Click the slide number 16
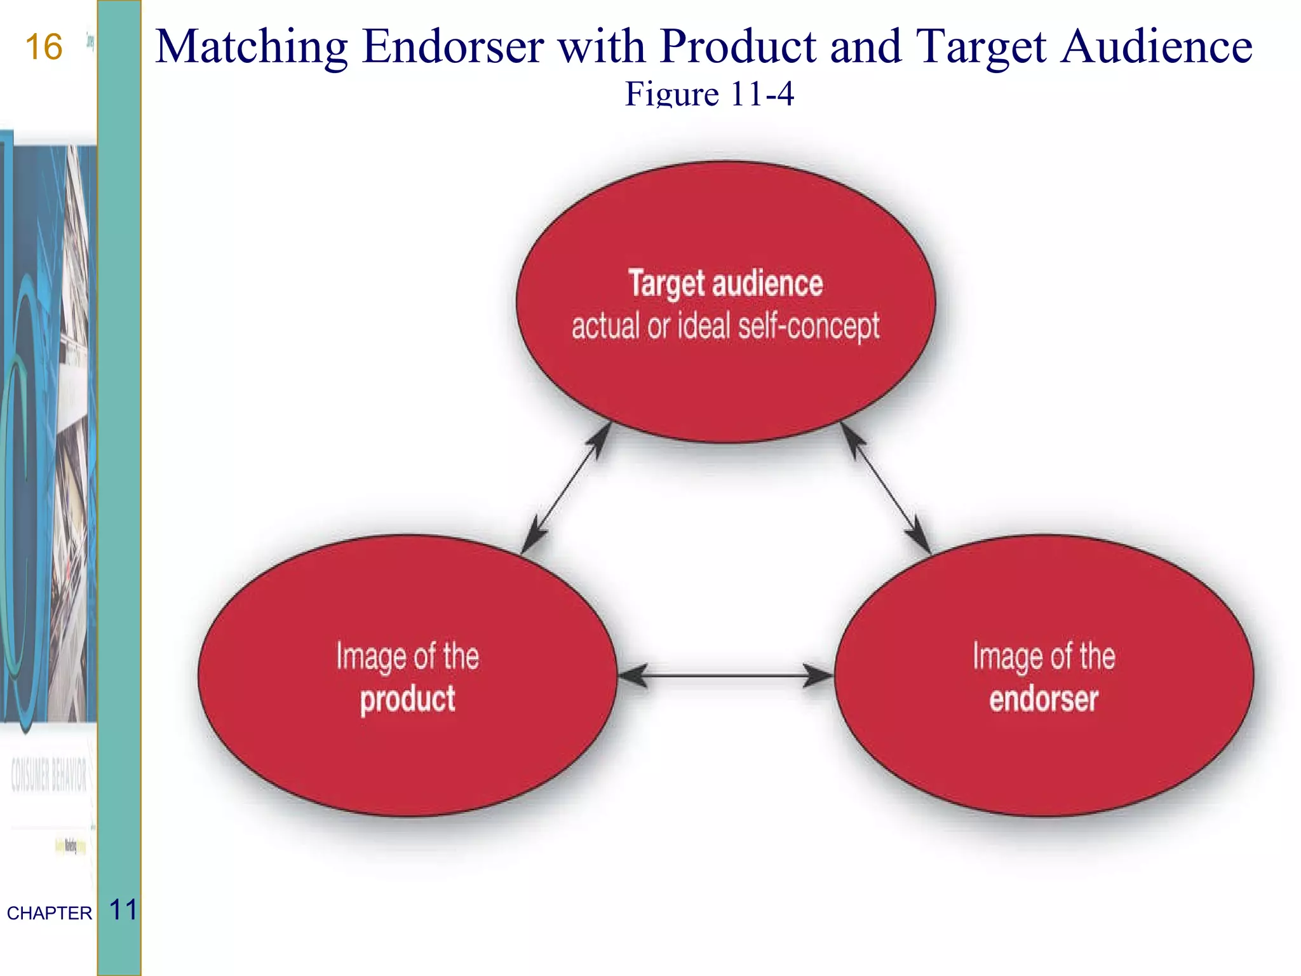pyautogui.click(x=44, y=48)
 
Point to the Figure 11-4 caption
pyautogui.click(x=710, y=94)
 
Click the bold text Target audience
pyautogui.click(x=725, y=283)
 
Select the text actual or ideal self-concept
pyautogui.click(x=725, y=327)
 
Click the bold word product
pyautogui.click(x=407, y=700)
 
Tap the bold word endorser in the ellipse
pyautogui.click(x=1044, y=699)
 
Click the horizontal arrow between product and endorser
pyautogui.click(x=725, y=675)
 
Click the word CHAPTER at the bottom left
pyautogui.click(x=50, y=913)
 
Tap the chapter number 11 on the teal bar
pyautogui.click(x=123, y=910)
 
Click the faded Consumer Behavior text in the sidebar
pyautogui.click(x=49, y=775)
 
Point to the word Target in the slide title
pyautogui.click(x=981, y=48)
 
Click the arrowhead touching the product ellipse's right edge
pyautogui.click(x=631, y=675)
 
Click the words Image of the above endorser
pyautogui.click(x=1044, y=656)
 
